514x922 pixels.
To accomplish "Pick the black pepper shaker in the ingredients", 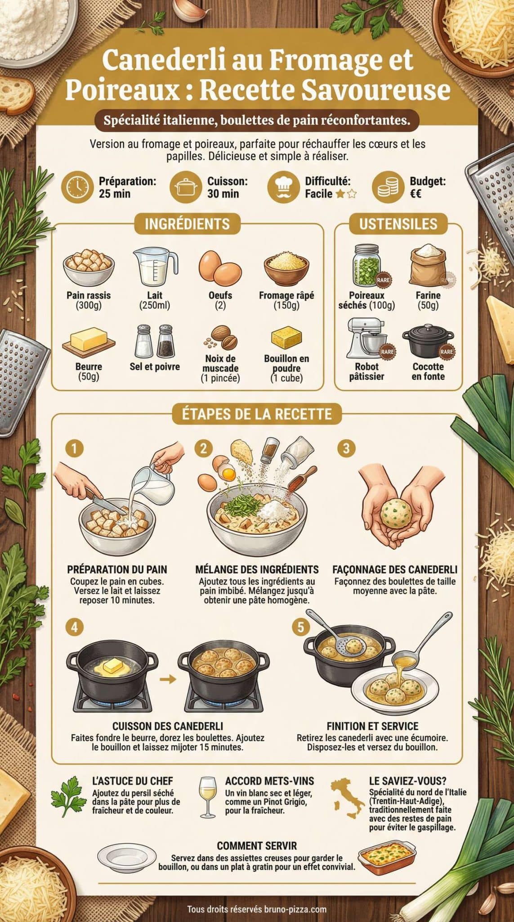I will click(165, 341).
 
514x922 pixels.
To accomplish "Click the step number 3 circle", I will click(346, 448).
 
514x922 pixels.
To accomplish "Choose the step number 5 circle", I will click(300, 627).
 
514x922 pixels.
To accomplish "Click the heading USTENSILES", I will click(398, 224).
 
